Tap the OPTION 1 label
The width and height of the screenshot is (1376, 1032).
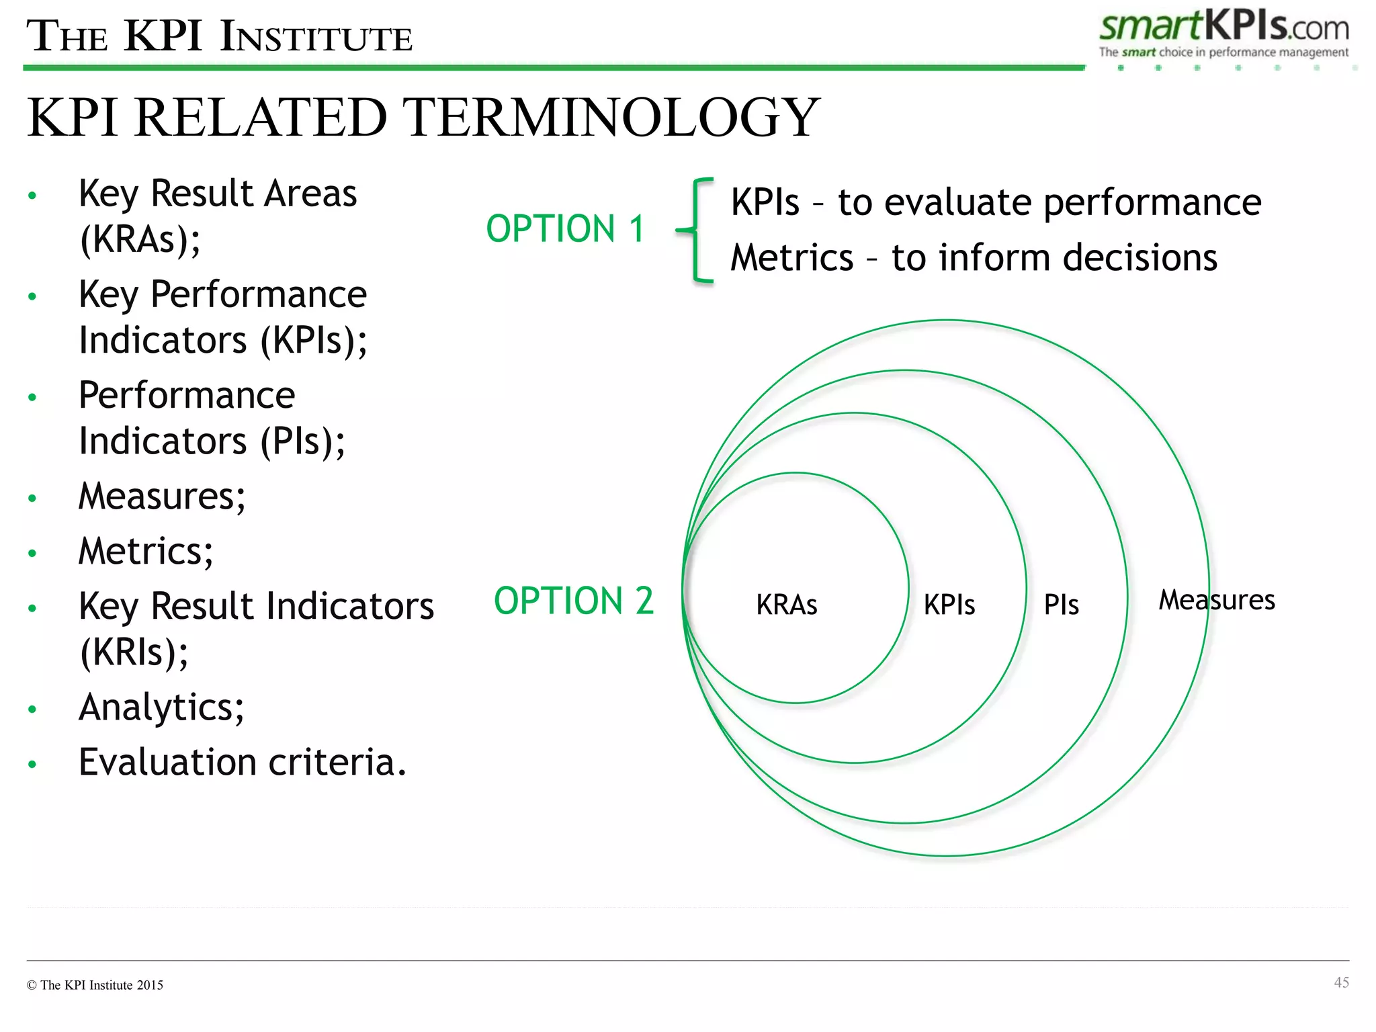pyautogui.click(x=565, y=229)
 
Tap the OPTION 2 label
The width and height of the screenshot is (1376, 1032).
pyautogui.click(x=573, y=601)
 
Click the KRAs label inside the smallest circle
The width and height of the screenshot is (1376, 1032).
pyautogui.click(x=786, y=605)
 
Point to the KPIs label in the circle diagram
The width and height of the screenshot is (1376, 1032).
pyautogui.click(x=949, y=605)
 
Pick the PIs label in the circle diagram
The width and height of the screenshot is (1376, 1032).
pyautogui.click(x=1061, y=605)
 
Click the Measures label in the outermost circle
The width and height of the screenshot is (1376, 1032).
pyautogui.click(x=1216, y=600)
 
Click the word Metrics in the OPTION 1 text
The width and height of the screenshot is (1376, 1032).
pyautogui.click(x=791, y=258)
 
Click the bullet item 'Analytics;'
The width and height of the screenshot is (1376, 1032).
pyautogui.click(x=161, y=707)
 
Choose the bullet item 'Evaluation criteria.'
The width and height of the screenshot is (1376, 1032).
pyautogui.click(x=243, y=763)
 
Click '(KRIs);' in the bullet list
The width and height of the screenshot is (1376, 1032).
pyautogui.click(x=134, y=652)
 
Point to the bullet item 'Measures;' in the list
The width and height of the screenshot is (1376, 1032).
pyautogui.click(x=162, y=497)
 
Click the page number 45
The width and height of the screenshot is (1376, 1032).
pyautogui.click(x=1341, y=982)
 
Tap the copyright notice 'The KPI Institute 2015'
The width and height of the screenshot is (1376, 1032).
pyautogui.click(x=101, y=985)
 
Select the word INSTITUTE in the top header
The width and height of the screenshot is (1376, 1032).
pyautogui.click(x=316, y=38)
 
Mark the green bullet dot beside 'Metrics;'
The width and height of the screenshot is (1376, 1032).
pyautogui.click(x=32, y=554)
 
